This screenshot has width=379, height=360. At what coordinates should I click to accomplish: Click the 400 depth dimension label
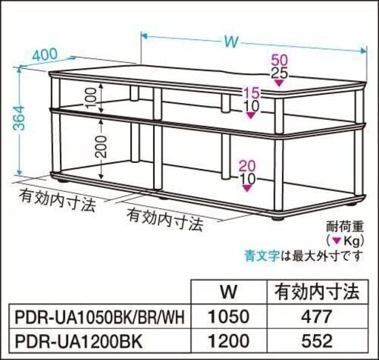[x=45, y=55]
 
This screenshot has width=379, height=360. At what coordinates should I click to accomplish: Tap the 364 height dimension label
[x=19, y=118]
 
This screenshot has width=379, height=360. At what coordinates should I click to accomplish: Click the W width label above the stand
[x=232, y=42]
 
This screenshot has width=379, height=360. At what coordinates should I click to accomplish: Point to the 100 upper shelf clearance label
[x=91, y=99]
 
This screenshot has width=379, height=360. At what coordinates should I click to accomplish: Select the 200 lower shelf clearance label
[x=101, y=147]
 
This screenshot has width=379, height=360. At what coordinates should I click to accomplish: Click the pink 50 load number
[x=280, y=60]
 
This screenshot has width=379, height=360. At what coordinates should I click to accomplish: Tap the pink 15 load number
[x=251, y=93]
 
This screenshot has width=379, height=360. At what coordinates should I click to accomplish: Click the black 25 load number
[x=280, y=73]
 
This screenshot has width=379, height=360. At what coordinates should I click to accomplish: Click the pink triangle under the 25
[x=279, y=83]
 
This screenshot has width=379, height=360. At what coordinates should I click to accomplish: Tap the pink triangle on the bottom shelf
[x=247, y=189]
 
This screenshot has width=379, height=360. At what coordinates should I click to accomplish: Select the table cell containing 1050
[x=229, y=317]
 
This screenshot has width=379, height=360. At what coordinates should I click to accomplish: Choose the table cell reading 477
[x=318, y=317]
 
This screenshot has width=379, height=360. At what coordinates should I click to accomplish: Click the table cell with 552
[x=318, y=341]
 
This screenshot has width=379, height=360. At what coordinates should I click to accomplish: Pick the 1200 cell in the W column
[x=229, y=341]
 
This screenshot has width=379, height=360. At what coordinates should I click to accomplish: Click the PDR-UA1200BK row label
[x=78, y=341]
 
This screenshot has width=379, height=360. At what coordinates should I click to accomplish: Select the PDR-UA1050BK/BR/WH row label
[x=100, y=317]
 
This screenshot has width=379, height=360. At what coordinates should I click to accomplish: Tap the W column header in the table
[x=229, y=292]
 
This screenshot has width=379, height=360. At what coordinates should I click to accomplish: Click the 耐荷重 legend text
[x=345, y=227]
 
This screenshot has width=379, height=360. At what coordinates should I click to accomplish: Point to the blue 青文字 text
[x=262, y=256]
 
